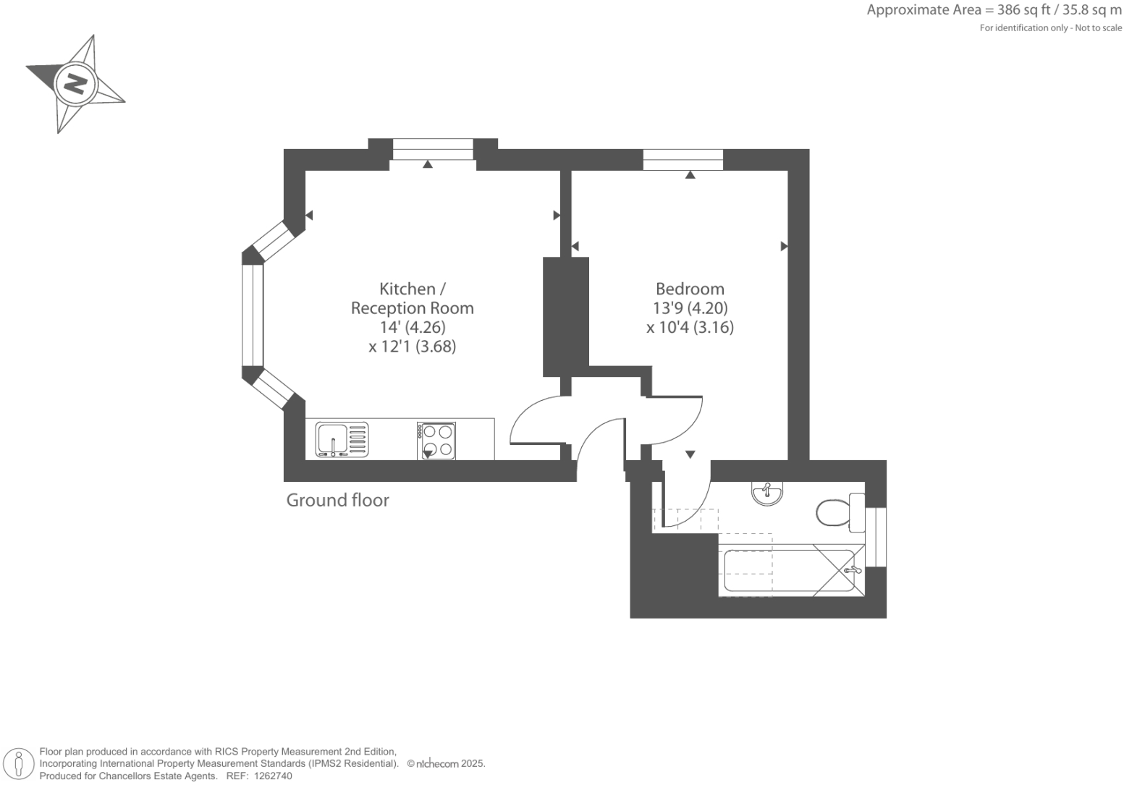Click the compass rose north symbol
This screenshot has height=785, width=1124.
(75, 84)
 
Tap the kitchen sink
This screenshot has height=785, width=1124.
(342, 440)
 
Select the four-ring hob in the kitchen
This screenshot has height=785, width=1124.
(436, 441)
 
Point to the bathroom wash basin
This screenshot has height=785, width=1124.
(767, 493)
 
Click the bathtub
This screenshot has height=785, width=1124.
(790, 572)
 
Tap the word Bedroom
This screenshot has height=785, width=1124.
(689, 289)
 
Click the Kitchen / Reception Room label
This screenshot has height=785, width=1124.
(412, 298)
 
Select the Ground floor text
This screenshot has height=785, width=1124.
(337, 500)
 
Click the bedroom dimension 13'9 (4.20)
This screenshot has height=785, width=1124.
(690, 308)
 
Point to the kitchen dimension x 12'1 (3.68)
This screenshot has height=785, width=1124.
(412, 347)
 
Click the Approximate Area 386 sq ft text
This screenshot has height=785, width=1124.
(994, 10)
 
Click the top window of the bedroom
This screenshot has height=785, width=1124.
(683, 159)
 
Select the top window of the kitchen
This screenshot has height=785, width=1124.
(433, 150)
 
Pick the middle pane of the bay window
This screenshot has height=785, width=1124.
(253, 315)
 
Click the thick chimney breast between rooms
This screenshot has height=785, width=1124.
(565, 316)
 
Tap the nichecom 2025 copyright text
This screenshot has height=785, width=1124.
(446, 763)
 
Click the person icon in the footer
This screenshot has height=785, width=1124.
(20, 764)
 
